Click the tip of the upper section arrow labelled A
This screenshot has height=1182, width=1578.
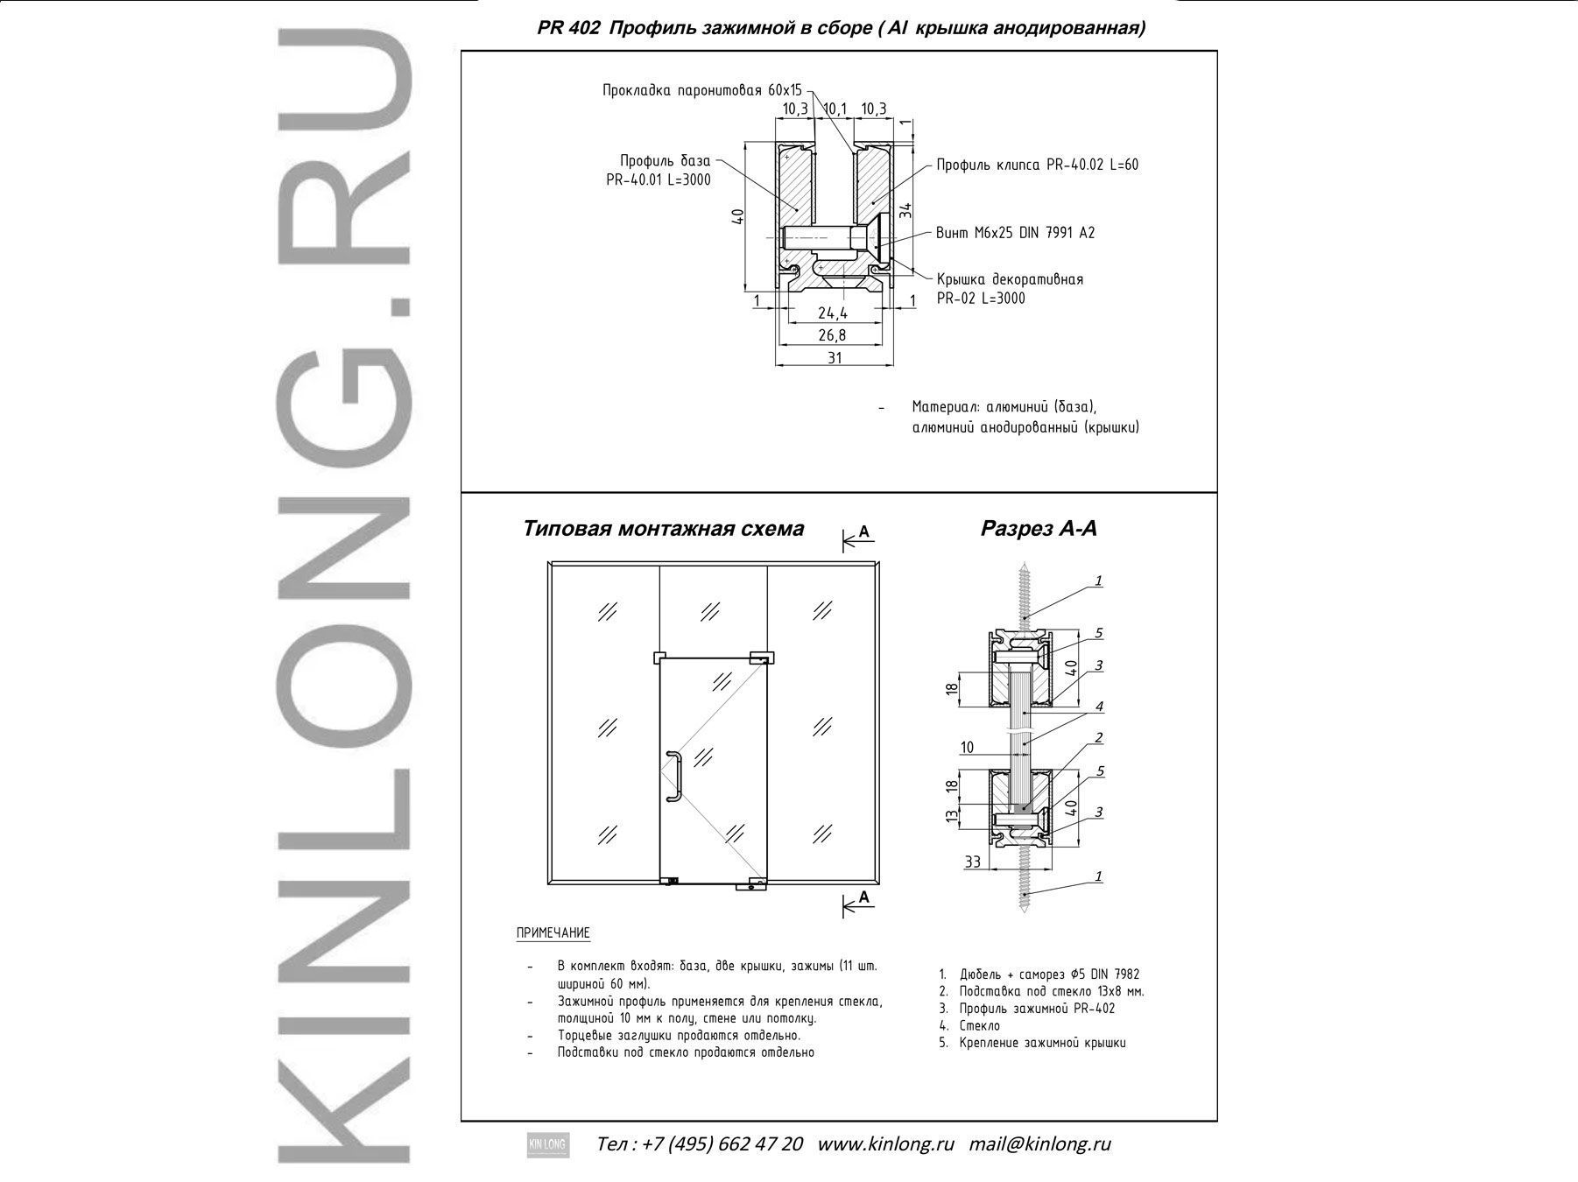click(843, 543)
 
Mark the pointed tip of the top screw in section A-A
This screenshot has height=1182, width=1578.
click(1022, 564)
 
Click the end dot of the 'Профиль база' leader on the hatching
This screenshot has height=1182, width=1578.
click(796, 209)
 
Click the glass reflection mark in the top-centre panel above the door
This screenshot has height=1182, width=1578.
click(712, 610)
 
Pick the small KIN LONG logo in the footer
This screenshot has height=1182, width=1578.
click(547, 1144)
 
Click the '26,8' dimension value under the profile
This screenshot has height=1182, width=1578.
click(832, 335)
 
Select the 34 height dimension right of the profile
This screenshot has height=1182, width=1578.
click(905, 210)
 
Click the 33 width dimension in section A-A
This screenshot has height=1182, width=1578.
click(972, 862)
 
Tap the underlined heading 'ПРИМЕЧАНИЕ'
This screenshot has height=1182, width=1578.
click(553, 933)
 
